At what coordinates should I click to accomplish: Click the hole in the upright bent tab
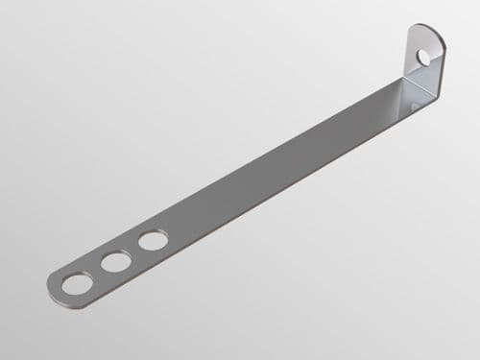coord(424,58)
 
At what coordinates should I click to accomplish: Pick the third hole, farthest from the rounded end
coord(152,240)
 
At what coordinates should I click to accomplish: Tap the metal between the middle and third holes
coord(133,251)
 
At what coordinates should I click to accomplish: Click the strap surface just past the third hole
coord(178,227)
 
